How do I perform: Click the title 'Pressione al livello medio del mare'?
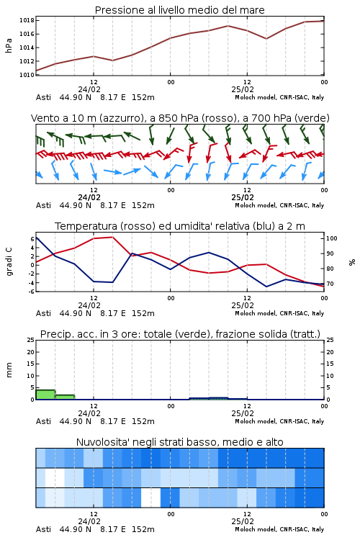click(x=179, y=10)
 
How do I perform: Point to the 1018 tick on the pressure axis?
click(x=27, y=20)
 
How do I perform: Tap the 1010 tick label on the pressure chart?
click(x=27, y=75)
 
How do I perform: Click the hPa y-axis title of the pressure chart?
click(x=9, y=45)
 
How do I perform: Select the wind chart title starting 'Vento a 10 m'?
click(x=180, y=118)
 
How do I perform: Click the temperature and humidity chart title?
click(x=180, y=226)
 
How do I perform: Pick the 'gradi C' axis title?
click(x=9, y=261)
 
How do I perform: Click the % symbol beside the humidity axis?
click(x=352, y=262)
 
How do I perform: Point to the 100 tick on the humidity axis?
click(x=332, y=238)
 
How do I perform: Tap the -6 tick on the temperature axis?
click(x=31, y=292)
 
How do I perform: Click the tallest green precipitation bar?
click(x=45, y=395)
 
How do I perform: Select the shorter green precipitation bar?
click(x=65, y=397)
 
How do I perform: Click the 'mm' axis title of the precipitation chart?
click(x=9, y=370)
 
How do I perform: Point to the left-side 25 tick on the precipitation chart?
click(x=30, y=340)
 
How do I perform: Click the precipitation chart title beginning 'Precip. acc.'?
click(x=180, y=334)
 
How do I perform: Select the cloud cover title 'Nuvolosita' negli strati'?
click(x=180, y=442)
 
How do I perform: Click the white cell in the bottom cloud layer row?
click(x=151, y=498)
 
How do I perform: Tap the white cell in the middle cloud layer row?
click(x=55, y=478)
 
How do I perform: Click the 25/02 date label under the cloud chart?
click(x=243, y=521)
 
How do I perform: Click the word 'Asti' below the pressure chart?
click(x=43, y=97)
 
